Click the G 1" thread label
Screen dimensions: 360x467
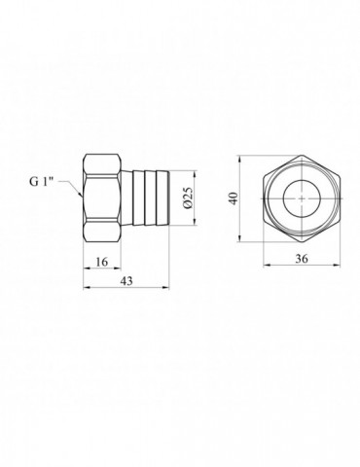41,182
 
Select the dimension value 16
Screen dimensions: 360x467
102,262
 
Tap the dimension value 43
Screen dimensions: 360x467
126,281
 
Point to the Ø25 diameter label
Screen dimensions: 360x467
189,198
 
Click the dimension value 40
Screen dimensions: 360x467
234,198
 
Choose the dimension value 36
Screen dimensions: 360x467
302,259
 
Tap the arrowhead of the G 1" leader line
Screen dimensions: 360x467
81,195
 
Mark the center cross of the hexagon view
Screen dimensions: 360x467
302,198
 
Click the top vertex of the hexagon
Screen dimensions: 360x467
302,155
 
